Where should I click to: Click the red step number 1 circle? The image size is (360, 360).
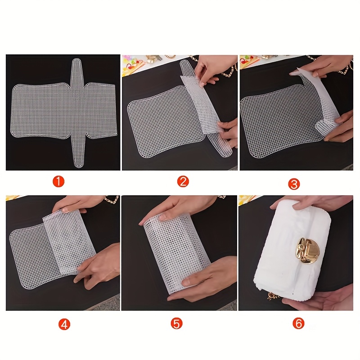tap(58, 181)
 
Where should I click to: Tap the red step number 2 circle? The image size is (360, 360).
tap(183, 181)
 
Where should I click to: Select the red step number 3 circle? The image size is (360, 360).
tap(294, 184)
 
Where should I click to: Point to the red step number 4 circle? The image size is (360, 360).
tap(64, 324)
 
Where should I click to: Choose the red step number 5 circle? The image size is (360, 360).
tap(176, 323)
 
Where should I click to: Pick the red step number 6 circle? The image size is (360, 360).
tap(298, 323)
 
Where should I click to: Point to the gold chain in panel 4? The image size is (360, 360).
tap(112, 199)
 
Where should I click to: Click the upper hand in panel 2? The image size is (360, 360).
tap(215, 69)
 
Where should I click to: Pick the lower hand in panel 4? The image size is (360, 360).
tap(99, 264)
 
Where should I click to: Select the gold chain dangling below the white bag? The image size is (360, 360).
tap(273, 297)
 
